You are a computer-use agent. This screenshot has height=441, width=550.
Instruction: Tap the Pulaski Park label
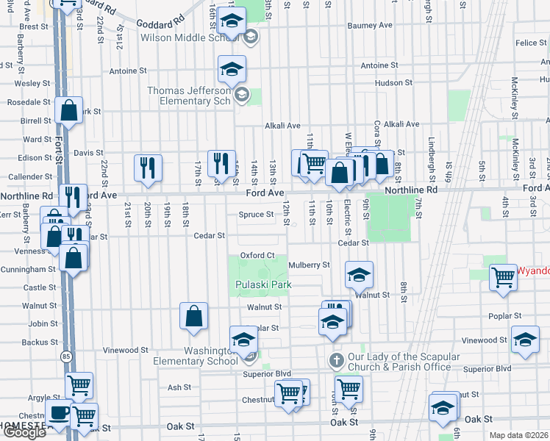[263, 284]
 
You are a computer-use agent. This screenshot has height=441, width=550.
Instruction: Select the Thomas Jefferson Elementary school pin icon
[232, 71]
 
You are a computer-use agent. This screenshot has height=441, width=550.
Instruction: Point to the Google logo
[24, 432]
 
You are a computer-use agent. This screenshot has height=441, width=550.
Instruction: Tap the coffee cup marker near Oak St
[59, 413]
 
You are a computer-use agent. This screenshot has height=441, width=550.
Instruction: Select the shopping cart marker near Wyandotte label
[503, 278]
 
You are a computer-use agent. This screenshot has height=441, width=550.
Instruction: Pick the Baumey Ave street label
[369, 25]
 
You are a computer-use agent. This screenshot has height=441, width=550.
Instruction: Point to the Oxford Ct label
[257, 255]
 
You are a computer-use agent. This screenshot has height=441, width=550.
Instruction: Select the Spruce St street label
[256, 215]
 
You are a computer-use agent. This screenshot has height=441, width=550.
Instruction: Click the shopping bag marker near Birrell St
[68, 112]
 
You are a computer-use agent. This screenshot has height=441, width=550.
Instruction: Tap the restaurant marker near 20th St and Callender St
[148, 168]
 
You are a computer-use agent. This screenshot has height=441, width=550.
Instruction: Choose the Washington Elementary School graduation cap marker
[243, 340]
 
